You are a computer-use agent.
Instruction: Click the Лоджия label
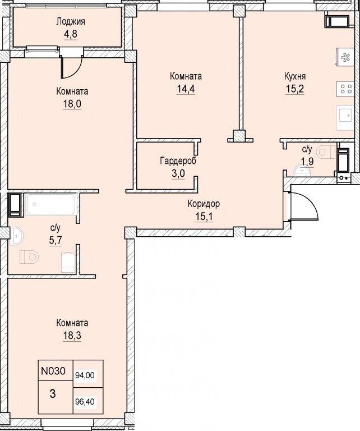(71, 22)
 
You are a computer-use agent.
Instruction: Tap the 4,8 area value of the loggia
(71, 34)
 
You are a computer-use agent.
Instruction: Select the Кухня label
(295, 76)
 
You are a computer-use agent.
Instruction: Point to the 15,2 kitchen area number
(295, 89)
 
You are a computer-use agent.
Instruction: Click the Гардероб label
(178, 161)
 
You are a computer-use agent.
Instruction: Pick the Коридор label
(204, 204)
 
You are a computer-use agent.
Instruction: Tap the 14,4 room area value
(186, 89)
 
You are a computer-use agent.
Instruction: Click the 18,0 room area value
(72, 104)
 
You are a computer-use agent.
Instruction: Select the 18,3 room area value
(72, 336)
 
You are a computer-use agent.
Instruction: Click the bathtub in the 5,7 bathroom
(51, 204)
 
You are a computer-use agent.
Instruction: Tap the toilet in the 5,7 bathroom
(29, 257)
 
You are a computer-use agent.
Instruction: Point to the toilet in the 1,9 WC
(326, 152)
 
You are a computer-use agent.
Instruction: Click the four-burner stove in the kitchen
(345, 89)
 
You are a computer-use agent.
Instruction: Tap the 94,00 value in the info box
(85, 375)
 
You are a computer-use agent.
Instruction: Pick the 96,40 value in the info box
(85, 402)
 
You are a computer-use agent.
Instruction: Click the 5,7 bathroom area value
(56, 241)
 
